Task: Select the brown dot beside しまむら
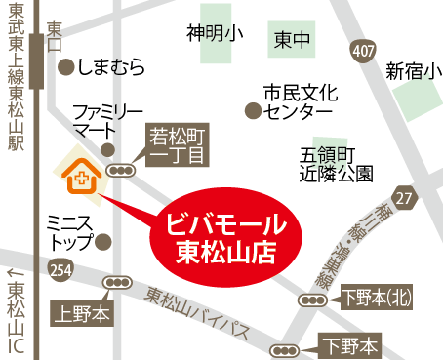[x=65, y=67]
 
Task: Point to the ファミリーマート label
[x=107, y=118]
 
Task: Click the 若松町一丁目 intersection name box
[x=177, y=144]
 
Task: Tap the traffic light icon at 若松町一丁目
[x=123, y=170]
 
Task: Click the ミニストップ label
[x=69, y=230]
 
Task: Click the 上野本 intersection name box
[x=83, y=311]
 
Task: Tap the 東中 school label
[x=292, y=40]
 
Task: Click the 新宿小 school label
[x=413, y=70]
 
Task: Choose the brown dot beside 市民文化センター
[x=253, y=111]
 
